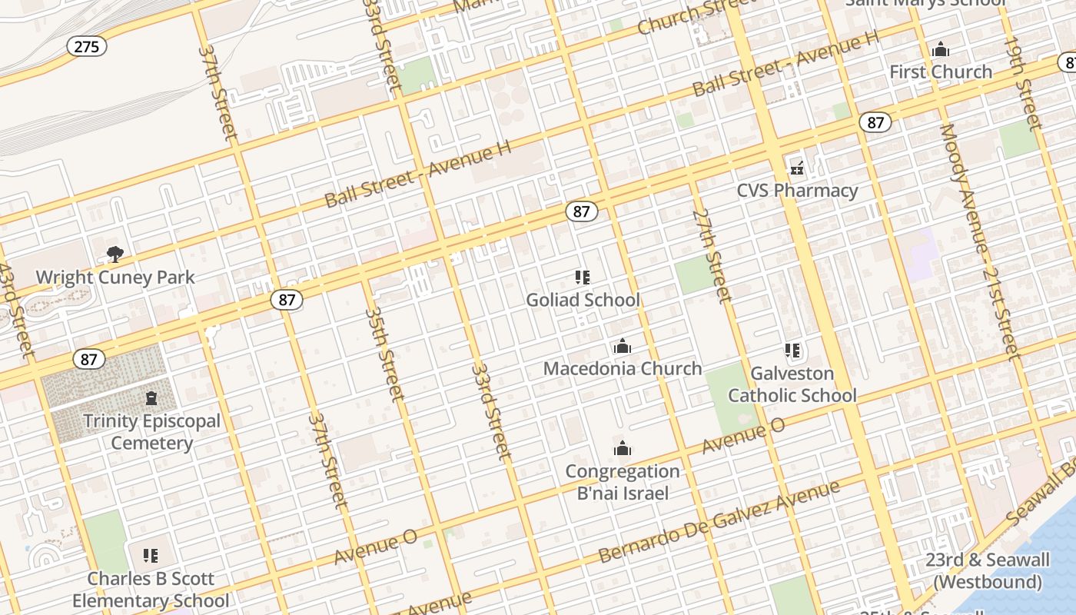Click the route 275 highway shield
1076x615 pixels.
(x=86, y=46)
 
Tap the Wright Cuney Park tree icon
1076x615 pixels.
(x=115, y=254)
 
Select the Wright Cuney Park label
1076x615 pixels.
(x=115, y=278)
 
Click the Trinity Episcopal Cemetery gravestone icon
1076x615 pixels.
(x=151, y=398)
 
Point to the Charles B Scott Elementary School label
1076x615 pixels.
(x=151, y=590)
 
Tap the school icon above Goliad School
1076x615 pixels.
(x=583, y=277)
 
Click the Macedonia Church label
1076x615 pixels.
(x=623, y=368)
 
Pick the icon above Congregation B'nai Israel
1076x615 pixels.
(x=623, y=448)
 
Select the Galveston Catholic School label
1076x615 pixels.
(x=792, y=384)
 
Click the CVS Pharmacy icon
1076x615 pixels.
(x=797, y=168)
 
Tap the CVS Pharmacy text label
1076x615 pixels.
(x=797, y=191)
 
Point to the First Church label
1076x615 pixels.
(x=941, y=72)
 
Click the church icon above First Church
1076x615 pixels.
(x=941, y=50)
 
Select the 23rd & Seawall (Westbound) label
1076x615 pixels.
(x=987, y=570)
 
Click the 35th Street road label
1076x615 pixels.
(x=384, y=354)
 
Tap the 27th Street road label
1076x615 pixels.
(x=711, y=254)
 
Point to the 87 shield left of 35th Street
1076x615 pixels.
(x=287, y=300)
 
